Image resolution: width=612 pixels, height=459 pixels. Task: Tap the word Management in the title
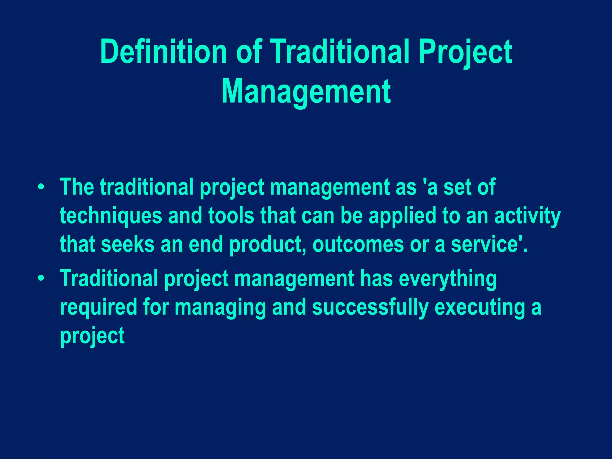tap(306, 91)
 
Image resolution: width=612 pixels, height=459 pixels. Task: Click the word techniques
tap(111, 216)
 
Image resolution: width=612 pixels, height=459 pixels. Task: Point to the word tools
tap(231, 216)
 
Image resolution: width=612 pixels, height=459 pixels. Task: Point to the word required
tap(98, 307)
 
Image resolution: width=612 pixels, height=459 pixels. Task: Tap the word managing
tap(220, 308)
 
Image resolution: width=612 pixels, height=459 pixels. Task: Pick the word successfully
tap(370, 308)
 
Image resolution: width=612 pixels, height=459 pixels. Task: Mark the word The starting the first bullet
tap(77, 187)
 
